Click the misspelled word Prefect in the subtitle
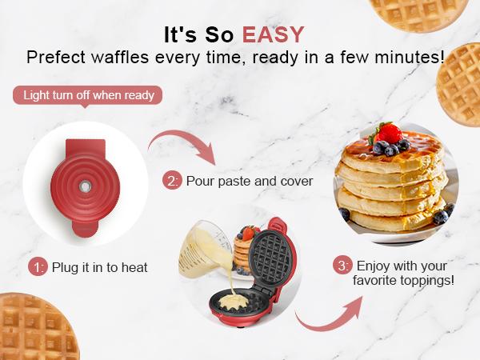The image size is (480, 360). coord(53,58)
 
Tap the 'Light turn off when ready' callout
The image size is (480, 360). coord(88,95)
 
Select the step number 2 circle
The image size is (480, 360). coord(172,181)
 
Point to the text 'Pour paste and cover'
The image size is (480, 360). coord(249,181)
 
